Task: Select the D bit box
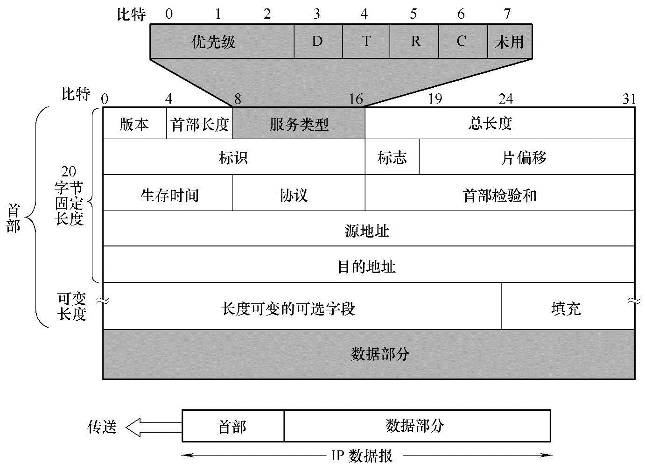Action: click(318, 42)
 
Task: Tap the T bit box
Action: click(366, 42)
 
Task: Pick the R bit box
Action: click(414, 42)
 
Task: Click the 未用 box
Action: click(509, 42)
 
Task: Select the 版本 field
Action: click(134, 124)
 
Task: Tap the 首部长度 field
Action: click(199, 124)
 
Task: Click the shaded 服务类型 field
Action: click(299, 124)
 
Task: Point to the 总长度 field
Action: click(499, 123)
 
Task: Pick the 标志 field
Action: click(392, 157)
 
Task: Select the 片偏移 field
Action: click(526, 157)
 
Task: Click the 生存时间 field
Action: click(168, 193)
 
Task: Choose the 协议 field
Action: click(298, 193)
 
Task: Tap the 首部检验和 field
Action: click(499, 193)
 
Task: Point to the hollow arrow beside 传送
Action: click(154, 426)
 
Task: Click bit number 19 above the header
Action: click(435, 99)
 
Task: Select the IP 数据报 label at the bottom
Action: click(362, 455)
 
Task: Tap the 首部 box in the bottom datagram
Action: click(232, 426)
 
